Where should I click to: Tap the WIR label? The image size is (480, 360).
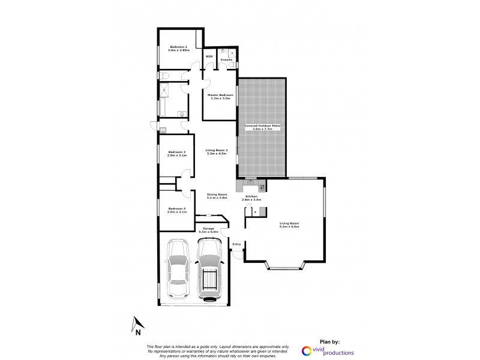(209, 56)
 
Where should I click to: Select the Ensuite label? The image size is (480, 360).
(227, 59)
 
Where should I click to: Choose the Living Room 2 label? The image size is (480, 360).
(217, 152)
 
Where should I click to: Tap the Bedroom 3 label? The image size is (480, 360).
(176, 154)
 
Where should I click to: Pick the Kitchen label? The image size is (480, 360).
(250, 196)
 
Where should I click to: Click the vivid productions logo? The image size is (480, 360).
(328, 352)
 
